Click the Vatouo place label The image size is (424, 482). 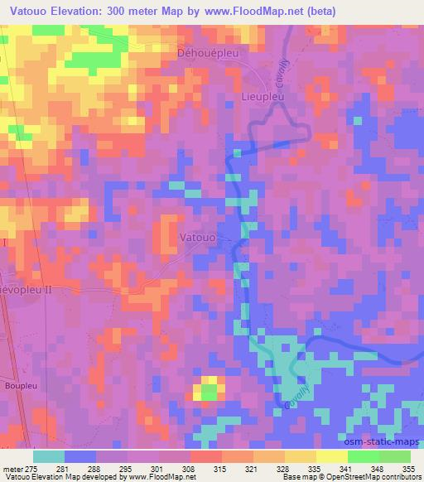(x=198, y=238)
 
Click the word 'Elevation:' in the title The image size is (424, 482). (x=84, y=10)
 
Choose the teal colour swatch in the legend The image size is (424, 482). (x=49, y=455)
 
